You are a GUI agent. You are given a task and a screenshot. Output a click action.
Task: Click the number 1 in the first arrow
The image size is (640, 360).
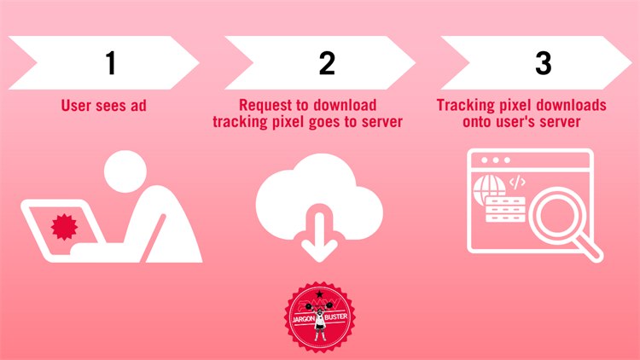[x=110, y=62]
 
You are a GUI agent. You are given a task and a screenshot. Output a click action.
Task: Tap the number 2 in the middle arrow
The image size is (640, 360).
[x=327, y=62]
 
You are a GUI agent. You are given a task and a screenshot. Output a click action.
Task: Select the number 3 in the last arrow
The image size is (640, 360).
[x=543, y=62]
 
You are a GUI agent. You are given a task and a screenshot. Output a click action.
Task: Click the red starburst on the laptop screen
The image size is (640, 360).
[x=63, y=227]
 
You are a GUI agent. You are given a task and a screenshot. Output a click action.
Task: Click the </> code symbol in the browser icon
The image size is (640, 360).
[x=517, y=182]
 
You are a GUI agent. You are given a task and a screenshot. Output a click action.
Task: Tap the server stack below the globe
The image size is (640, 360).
[x=503, y=211]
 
